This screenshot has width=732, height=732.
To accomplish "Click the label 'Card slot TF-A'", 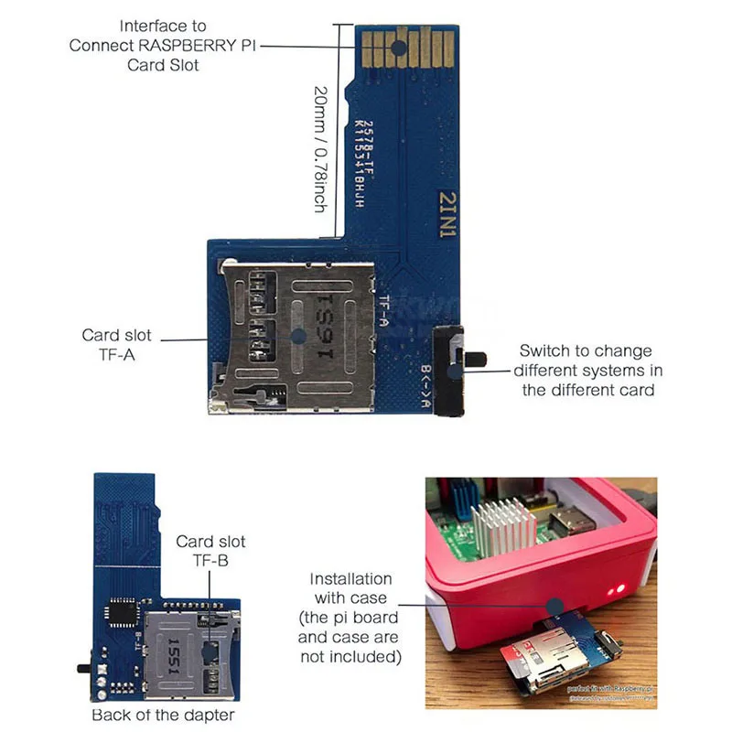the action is coord(117,345).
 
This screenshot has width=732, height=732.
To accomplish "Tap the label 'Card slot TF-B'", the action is coord(210,551).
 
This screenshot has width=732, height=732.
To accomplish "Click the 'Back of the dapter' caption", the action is coord(163,715).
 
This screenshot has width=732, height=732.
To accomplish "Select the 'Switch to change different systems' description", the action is coord(587,370).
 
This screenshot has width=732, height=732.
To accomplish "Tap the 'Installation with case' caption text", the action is coord(350,618).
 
